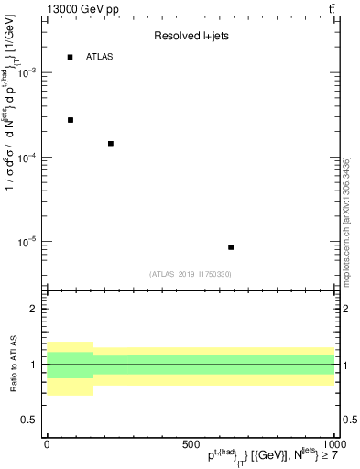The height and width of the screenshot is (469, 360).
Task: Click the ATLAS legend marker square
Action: coord(71,57)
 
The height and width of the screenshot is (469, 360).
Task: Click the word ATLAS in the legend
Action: coord(100,57)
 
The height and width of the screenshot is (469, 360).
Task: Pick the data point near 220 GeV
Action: coord(111,144)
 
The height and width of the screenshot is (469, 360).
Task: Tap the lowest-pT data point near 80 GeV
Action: coord(71,120)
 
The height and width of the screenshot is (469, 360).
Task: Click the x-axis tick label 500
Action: coord(191,443)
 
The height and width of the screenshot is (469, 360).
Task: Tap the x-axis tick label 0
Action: coord(47,443)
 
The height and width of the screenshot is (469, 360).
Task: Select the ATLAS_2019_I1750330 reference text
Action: coord(191,274)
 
